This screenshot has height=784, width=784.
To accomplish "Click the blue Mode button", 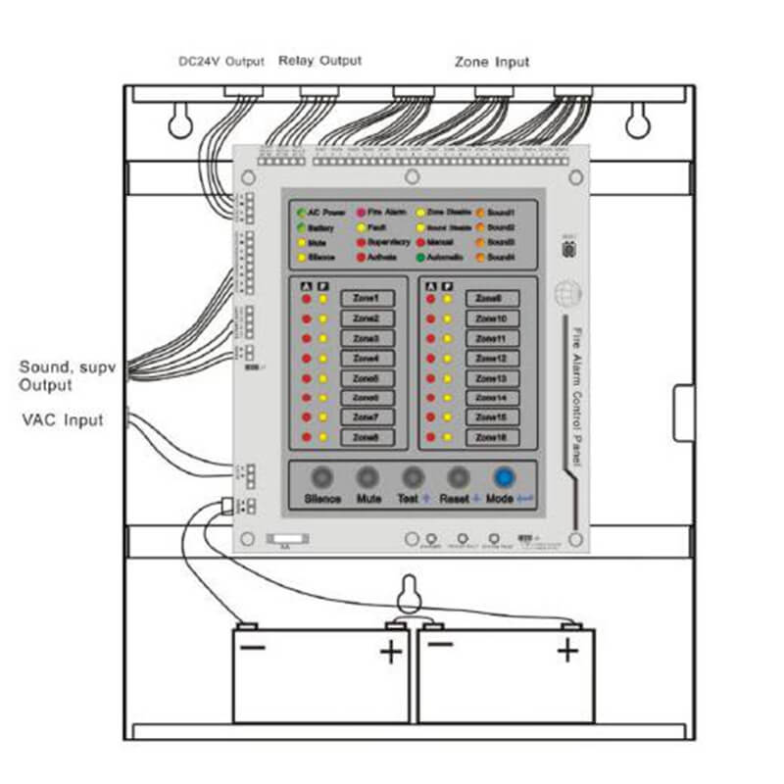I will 504,477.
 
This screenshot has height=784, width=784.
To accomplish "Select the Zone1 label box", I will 367,298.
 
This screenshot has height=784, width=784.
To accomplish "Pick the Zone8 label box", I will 367,437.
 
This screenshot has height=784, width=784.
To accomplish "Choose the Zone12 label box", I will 491,358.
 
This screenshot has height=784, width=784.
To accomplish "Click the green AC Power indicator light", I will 301,212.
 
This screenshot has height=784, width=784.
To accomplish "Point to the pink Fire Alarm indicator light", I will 361,212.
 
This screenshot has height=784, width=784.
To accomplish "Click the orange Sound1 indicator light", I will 480,212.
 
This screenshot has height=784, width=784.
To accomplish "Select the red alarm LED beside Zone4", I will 307,358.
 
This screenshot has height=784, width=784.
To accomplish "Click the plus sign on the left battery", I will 391,652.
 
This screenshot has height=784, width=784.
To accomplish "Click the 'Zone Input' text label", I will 492,62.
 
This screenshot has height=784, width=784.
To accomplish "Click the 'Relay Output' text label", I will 319,61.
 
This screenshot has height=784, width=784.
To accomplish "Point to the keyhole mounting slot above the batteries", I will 410,593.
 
